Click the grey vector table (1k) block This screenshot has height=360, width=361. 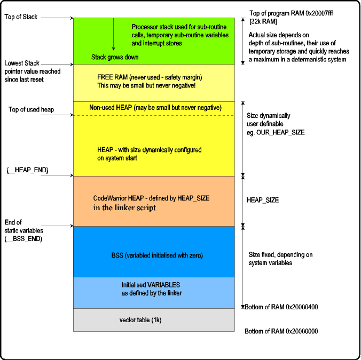click(154, 320)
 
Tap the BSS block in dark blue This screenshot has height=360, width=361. click(154, 255)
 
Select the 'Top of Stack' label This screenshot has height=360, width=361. click(21, 17)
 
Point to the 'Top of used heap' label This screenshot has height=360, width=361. click(32, 110)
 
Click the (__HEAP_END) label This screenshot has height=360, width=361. click(27, 170)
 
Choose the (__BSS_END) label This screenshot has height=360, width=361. click(23, 238)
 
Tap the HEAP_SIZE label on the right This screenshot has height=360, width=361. click(262, 200)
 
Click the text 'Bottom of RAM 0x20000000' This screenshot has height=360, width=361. click(281, 331)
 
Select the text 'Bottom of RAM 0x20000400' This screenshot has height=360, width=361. click(281, 307)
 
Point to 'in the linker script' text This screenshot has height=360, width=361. click(124, 207)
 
